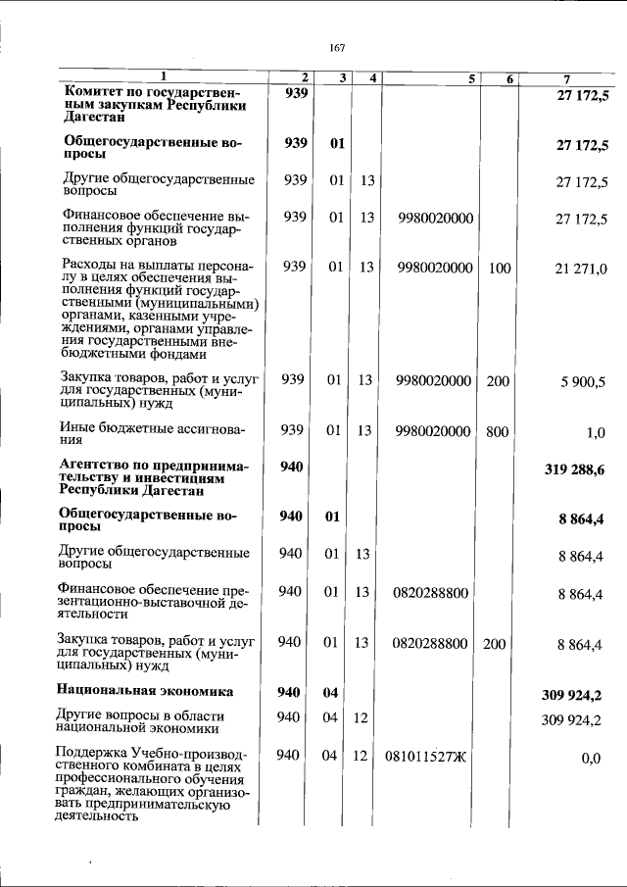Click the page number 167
338,47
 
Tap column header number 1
164,76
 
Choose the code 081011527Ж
426,757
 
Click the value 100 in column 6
499,268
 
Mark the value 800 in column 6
499,431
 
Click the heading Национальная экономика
145,692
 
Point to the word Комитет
90,92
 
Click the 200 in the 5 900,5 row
499,381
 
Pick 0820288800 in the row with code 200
430,643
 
